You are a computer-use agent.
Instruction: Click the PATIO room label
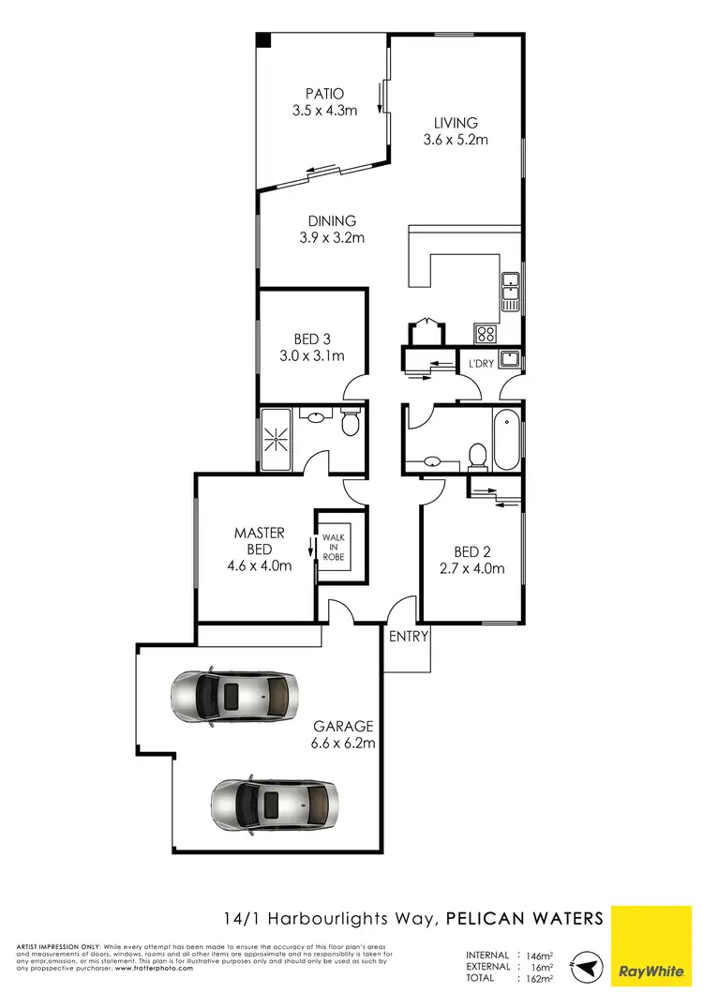[x=324, y=94]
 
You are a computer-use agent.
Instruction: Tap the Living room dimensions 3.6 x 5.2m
[x=455, y=140]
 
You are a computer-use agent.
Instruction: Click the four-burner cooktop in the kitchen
[x=486, y=333]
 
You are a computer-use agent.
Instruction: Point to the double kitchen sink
[x=511, y=291]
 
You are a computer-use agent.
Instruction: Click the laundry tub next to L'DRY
[x=510, y=358]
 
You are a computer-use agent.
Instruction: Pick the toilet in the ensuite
[x=351, y=424]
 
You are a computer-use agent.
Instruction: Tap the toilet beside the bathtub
[x=477, y=457]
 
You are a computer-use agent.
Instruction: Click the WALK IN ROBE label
[x=333, y=548]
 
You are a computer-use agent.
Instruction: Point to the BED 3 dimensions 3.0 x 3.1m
[x=312, y=355]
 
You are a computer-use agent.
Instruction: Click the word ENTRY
[x=408, y=636]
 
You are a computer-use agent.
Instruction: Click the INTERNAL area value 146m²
[x=538, y=956]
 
